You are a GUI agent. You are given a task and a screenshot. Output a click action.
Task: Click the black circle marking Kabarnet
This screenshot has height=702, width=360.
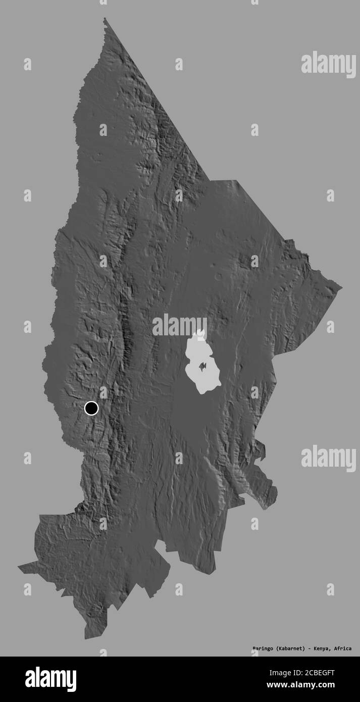(x=91, y=408)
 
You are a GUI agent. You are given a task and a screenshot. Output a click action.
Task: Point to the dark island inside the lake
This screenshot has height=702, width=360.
(x=203, y=366)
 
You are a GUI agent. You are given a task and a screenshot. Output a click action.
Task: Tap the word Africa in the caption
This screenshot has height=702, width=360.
(x=343, y=648)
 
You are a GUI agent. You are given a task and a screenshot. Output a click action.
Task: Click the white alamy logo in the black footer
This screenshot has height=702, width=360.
(x=50, y=679)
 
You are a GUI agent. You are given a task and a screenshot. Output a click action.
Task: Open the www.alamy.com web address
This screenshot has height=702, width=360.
(x=305, y=685)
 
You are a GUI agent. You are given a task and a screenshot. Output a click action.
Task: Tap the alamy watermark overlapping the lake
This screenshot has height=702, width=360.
(x=179, y=326)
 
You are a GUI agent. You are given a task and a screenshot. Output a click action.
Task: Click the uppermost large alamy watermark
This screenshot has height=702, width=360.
(x=328, y=64)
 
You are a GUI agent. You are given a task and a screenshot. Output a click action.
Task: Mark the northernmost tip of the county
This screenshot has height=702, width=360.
(x=105, y=19)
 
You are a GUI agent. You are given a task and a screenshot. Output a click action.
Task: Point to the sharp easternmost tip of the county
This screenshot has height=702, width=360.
(x=341, y=288)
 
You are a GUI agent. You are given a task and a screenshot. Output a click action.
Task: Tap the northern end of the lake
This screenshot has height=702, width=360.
(x=201, y=331)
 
